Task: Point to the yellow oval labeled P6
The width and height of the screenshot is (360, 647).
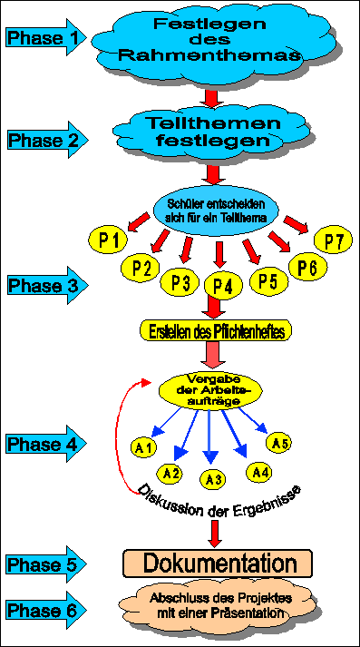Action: (306, 266)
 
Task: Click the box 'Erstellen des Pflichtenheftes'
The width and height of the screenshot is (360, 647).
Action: (216, 331)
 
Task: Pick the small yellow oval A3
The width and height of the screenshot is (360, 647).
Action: (214, 479)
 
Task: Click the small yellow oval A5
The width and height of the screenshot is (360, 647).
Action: (280, 444)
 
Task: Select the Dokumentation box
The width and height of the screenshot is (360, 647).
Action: (217, 562)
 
